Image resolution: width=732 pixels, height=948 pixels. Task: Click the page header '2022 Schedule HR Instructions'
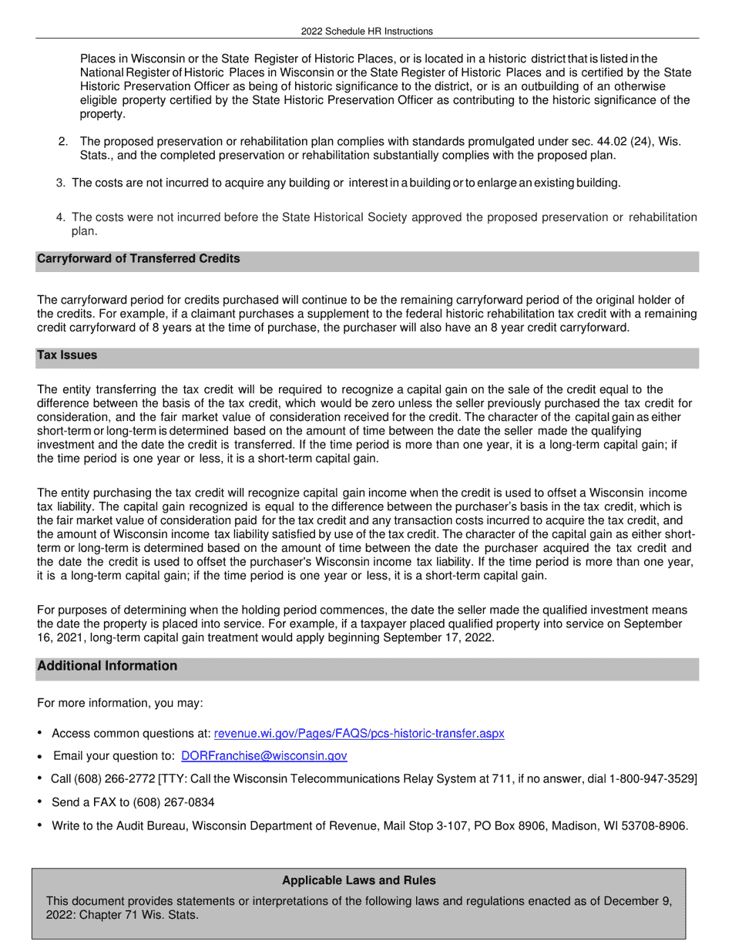pos(367,32)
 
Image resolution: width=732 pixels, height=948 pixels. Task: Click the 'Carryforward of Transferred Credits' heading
pos(138,259)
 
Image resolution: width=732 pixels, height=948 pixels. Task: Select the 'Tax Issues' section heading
pos(67,355)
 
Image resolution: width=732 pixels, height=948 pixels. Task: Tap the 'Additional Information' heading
pos(107,666)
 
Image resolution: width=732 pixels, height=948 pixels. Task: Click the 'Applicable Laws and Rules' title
pos(358,880)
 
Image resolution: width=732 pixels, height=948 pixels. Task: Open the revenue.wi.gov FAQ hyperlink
pos(359,733)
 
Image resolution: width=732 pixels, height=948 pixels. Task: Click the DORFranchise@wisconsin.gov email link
pos(264,756)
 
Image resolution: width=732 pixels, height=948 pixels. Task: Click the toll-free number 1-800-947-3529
pos(652,779)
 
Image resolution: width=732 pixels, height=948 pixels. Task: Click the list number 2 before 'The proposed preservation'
pos(63,142)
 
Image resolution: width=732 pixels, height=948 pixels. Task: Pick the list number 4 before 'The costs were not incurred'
pos(60,217)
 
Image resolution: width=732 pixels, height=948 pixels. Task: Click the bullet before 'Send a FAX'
pos(39,802)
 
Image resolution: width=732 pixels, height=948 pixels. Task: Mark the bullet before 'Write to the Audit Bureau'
pos(39,825)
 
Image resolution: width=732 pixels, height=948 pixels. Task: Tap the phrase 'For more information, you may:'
pos(120,703)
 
